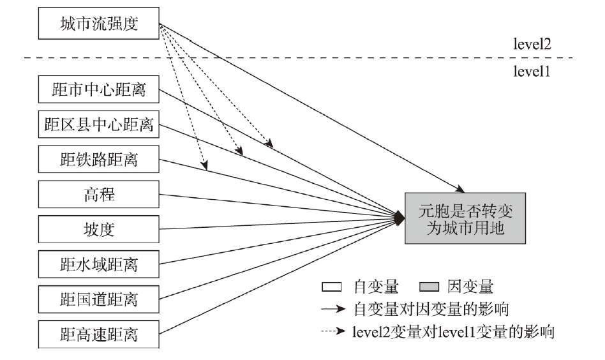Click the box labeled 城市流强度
[99, 23]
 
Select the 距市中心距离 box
[99, 89]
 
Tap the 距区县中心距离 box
[99, 124]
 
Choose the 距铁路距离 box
[99, 159]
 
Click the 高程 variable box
[99, 194]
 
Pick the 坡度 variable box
[99, 229]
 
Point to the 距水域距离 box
[99, 264]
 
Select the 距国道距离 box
[99, 299]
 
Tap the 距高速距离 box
[99, 334]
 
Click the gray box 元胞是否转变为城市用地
[465, 218]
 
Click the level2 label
[532, 44]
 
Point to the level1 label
[532, 71]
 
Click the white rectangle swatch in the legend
[331, 287]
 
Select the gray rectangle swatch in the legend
[429, 287]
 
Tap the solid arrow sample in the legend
[333, 309]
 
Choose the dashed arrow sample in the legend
[333, 331]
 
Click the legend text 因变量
[470, 287]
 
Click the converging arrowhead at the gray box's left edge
[400, 218]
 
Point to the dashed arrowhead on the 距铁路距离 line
[204, 165]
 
